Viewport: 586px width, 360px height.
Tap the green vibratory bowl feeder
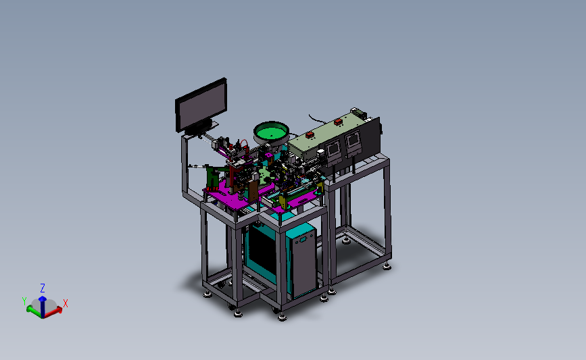click(x=271, y=133)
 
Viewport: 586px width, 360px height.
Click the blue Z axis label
click(x=43, y=288)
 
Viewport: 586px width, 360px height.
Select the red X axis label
click(x=66, y=303)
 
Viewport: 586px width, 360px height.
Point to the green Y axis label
click(x=24, y=301)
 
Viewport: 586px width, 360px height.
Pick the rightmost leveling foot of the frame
click(x=387, y=267)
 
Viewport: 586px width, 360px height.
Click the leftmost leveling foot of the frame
click(x=207, y=294)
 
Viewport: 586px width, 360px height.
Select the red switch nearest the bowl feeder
click(x=310, y=135)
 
